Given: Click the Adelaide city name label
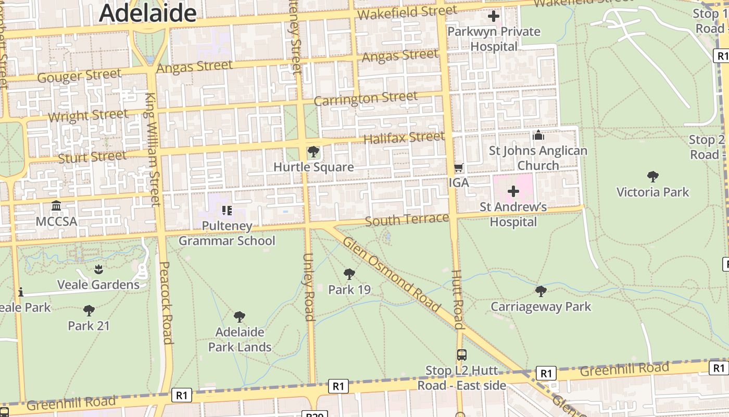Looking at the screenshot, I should pyautogui.click(x=148, y=13).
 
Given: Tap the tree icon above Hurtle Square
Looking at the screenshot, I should pyautogui.click(x=313, y=152).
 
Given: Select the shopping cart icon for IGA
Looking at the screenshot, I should pyautogui.click(x=458, y=168).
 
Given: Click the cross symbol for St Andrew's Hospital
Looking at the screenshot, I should pyautogui.click(x=513, y=191).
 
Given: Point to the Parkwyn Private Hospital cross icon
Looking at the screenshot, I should pyautogui.click(x=493, y=17).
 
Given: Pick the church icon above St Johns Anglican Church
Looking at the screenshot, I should pyautogui.click(x=538, y=136).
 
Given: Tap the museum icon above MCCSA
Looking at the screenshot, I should pyautogui.click(x=56, y=206).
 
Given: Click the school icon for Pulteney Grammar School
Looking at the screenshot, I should pyautogui.click(x=227, y=211).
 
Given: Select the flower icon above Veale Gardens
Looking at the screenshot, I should pyautogui.click(x=98, y=269).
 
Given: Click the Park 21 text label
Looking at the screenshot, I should pyautogui.click(x=89, y=326).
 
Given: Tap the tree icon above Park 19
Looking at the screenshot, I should pyautogui.click(x=349, y=274).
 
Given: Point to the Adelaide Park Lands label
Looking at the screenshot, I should pyautogui.click(x=240, y=339).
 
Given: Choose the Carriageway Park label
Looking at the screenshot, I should pyautogui.click(x=541, y=306).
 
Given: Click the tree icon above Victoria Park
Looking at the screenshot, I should pyautogui.click(x=652, y=177).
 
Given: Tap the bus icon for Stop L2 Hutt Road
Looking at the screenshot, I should pyautogui.click(x=461, y=355).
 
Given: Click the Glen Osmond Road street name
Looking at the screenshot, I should pyautogui.click(x=392, y=276).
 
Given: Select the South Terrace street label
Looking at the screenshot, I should pyautogui.click(x=406, y=219).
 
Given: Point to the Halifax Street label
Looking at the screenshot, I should pyautogui.click(x=404, y=138).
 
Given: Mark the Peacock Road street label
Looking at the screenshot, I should pyautogui.click(x=166, y=302).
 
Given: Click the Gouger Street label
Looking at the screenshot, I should pyautogui.click(x=79, y=76).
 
